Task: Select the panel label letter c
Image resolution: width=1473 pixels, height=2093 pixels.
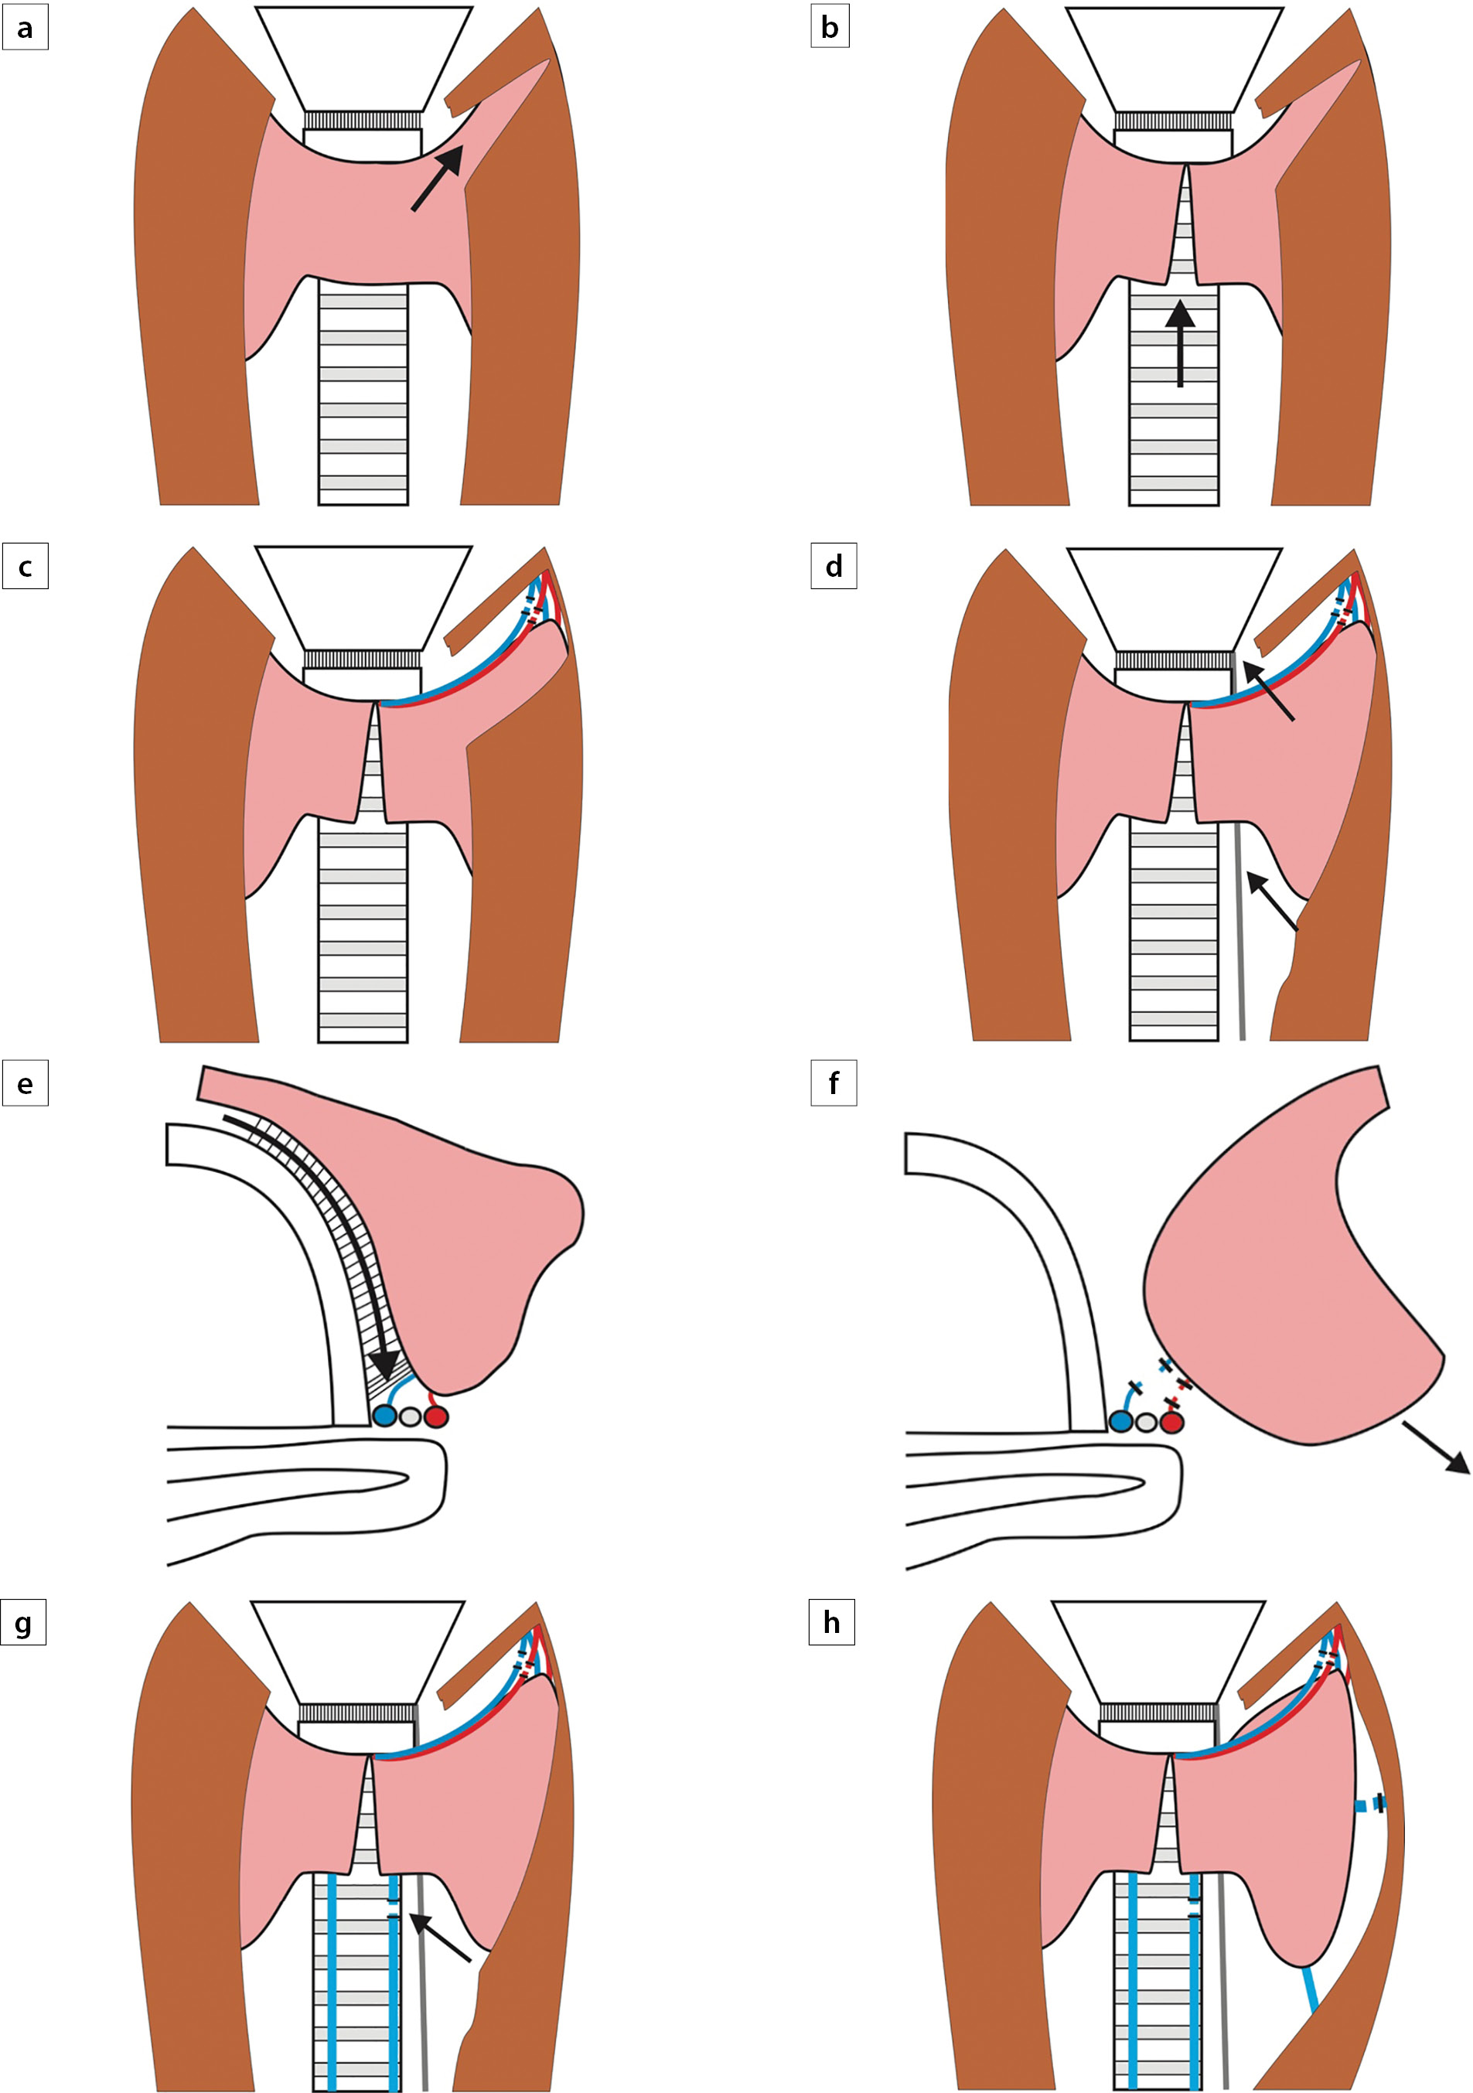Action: coord(25,567)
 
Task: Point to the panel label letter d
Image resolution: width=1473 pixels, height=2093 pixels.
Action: coord(833,567)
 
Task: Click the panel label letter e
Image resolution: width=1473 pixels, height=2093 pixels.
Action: coord(25,1084)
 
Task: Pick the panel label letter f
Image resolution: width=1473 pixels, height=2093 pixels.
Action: coord(833,1084)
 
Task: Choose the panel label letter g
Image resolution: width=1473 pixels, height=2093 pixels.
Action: coord(24,1624)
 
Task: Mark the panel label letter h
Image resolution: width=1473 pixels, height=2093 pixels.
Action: coord(831,1624)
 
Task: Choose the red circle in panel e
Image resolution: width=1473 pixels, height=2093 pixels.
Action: coord(437,1416)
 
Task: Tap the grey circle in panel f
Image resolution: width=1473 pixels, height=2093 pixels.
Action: coord(1147,1421)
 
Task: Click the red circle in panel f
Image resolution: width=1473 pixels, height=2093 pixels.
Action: coord(1171,1421)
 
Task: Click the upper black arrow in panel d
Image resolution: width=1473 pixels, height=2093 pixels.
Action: coord(1267,691)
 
